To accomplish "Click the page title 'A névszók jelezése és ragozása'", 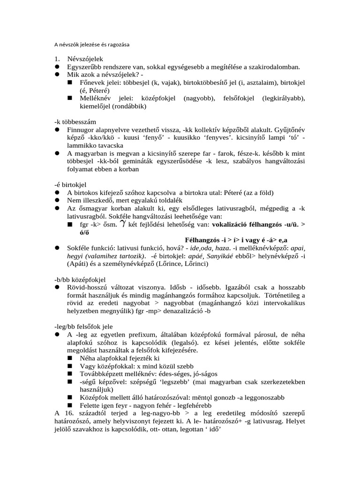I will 91,45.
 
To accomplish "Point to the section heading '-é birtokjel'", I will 71,185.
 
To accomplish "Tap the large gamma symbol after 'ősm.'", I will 123,224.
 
